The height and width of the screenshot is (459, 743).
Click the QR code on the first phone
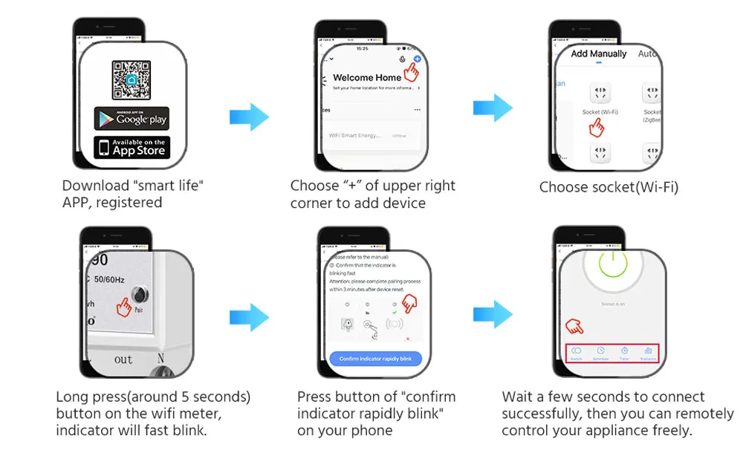131,80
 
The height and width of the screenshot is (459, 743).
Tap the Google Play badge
131,119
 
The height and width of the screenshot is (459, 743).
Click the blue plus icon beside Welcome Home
417,59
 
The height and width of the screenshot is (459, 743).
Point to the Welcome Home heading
367,77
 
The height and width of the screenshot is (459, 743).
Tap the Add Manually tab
599,54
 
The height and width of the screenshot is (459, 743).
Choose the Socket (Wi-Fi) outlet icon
600,94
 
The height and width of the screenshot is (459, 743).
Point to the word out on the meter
123,359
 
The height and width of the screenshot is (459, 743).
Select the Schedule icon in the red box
600,351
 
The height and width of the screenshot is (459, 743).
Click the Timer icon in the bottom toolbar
625,351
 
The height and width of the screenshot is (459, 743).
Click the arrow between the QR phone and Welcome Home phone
249,117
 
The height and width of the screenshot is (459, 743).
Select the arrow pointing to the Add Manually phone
493,108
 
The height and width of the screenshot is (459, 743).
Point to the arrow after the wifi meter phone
249,317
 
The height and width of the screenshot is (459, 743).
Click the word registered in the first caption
134,203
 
